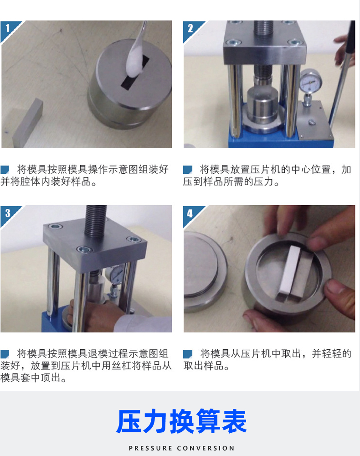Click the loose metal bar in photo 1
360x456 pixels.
pos(28,123)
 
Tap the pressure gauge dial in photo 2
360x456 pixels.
pos(310,82)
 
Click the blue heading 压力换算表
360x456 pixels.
pos(181,421)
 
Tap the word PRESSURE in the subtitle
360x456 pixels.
pos(150,448)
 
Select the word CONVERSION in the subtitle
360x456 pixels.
pos(206,448)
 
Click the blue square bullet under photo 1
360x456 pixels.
pos(5,170)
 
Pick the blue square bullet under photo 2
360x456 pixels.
pos(188,170)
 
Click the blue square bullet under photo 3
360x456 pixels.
pos(5,354)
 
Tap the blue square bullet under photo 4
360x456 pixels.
pos(188,354)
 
